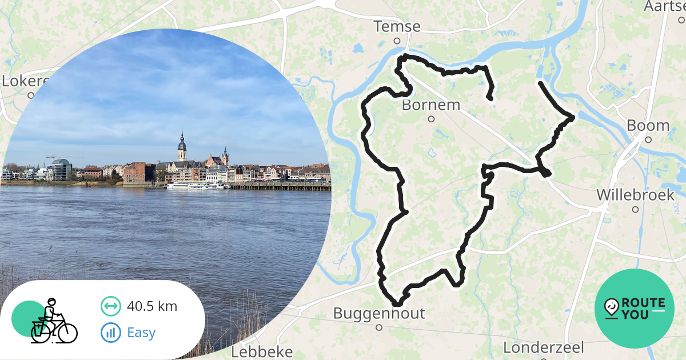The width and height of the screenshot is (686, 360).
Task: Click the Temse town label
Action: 397,27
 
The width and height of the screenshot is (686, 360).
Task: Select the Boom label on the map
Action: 648,125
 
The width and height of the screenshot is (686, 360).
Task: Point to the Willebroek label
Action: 635,195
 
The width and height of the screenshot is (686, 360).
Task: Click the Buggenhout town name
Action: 379,313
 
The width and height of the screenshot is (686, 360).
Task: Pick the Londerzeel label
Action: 544,347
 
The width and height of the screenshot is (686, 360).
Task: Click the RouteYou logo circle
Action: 635,309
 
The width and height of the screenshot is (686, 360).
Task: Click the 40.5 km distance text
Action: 152,306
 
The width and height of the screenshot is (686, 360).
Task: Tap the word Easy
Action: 141,332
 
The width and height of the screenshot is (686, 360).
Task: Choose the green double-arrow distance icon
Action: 111,306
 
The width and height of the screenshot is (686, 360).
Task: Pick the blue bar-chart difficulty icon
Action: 111,332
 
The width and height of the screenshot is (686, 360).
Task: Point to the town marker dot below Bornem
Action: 431,119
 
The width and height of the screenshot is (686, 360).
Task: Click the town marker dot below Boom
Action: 648,139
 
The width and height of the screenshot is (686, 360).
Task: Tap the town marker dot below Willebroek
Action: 635,209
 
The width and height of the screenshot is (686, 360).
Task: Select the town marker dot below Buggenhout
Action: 379,327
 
